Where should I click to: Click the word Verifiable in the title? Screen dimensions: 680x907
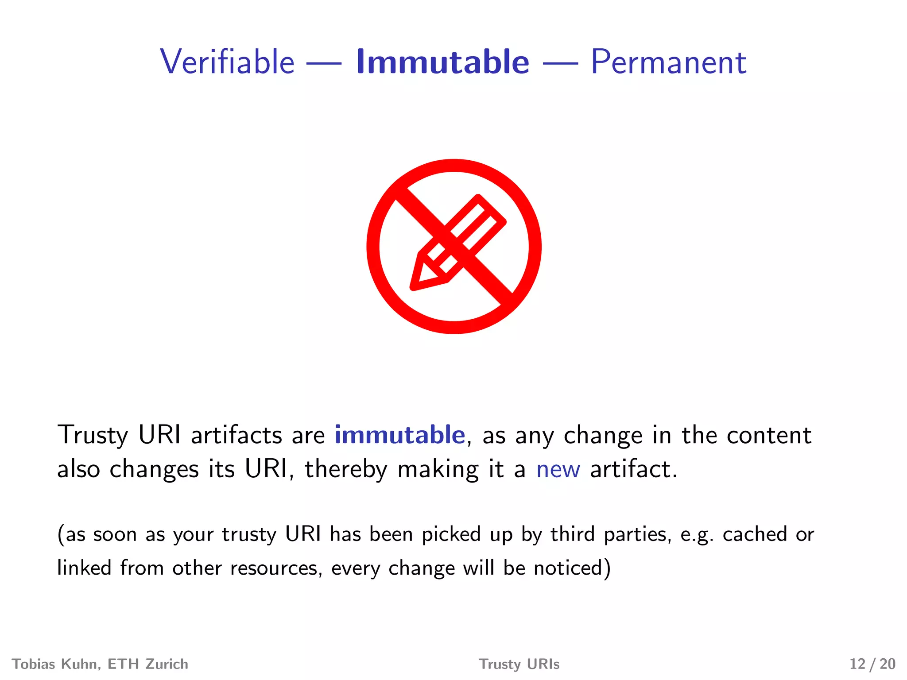pos(227,62)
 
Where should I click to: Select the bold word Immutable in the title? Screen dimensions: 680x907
pos(442,62)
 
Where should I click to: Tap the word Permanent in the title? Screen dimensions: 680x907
pos(668,62)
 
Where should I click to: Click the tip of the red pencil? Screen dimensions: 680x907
pos(414,287)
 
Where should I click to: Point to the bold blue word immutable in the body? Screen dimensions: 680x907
pos(399,435)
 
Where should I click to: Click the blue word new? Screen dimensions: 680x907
pos(558,469)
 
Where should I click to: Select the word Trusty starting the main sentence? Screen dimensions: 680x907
pos(93,435)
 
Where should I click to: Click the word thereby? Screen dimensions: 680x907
pos(346,469)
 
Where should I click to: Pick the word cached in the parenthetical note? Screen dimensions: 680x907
pos(755,534)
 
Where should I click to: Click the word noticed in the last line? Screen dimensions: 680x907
pos(572,568)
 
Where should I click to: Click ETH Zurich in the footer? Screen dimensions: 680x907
pos(148,664)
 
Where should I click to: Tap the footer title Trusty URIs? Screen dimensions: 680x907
pos(519,664)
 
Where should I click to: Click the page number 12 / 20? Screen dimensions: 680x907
pos(872,664)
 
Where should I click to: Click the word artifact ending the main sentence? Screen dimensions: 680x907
pos(633,469)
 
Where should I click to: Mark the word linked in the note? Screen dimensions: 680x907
pos(84,568)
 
